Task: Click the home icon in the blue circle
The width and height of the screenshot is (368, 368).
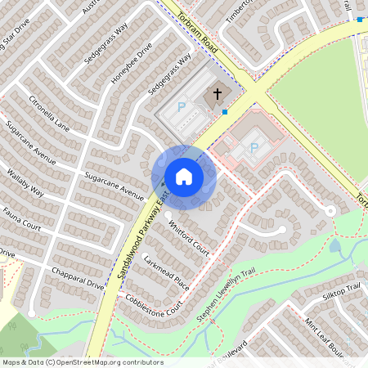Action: (183, 176)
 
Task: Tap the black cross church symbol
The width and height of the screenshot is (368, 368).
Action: (218, 94)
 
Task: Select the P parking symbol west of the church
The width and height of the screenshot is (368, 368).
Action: (182, 107)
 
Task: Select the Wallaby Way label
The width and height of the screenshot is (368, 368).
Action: (25, 182)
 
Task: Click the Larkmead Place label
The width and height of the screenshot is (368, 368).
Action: (166, 273)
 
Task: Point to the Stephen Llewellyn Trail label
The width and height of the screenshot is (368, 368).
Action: (227, 294)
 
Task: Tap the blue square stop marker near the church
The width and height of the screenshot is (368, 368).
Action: (224, 111)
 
